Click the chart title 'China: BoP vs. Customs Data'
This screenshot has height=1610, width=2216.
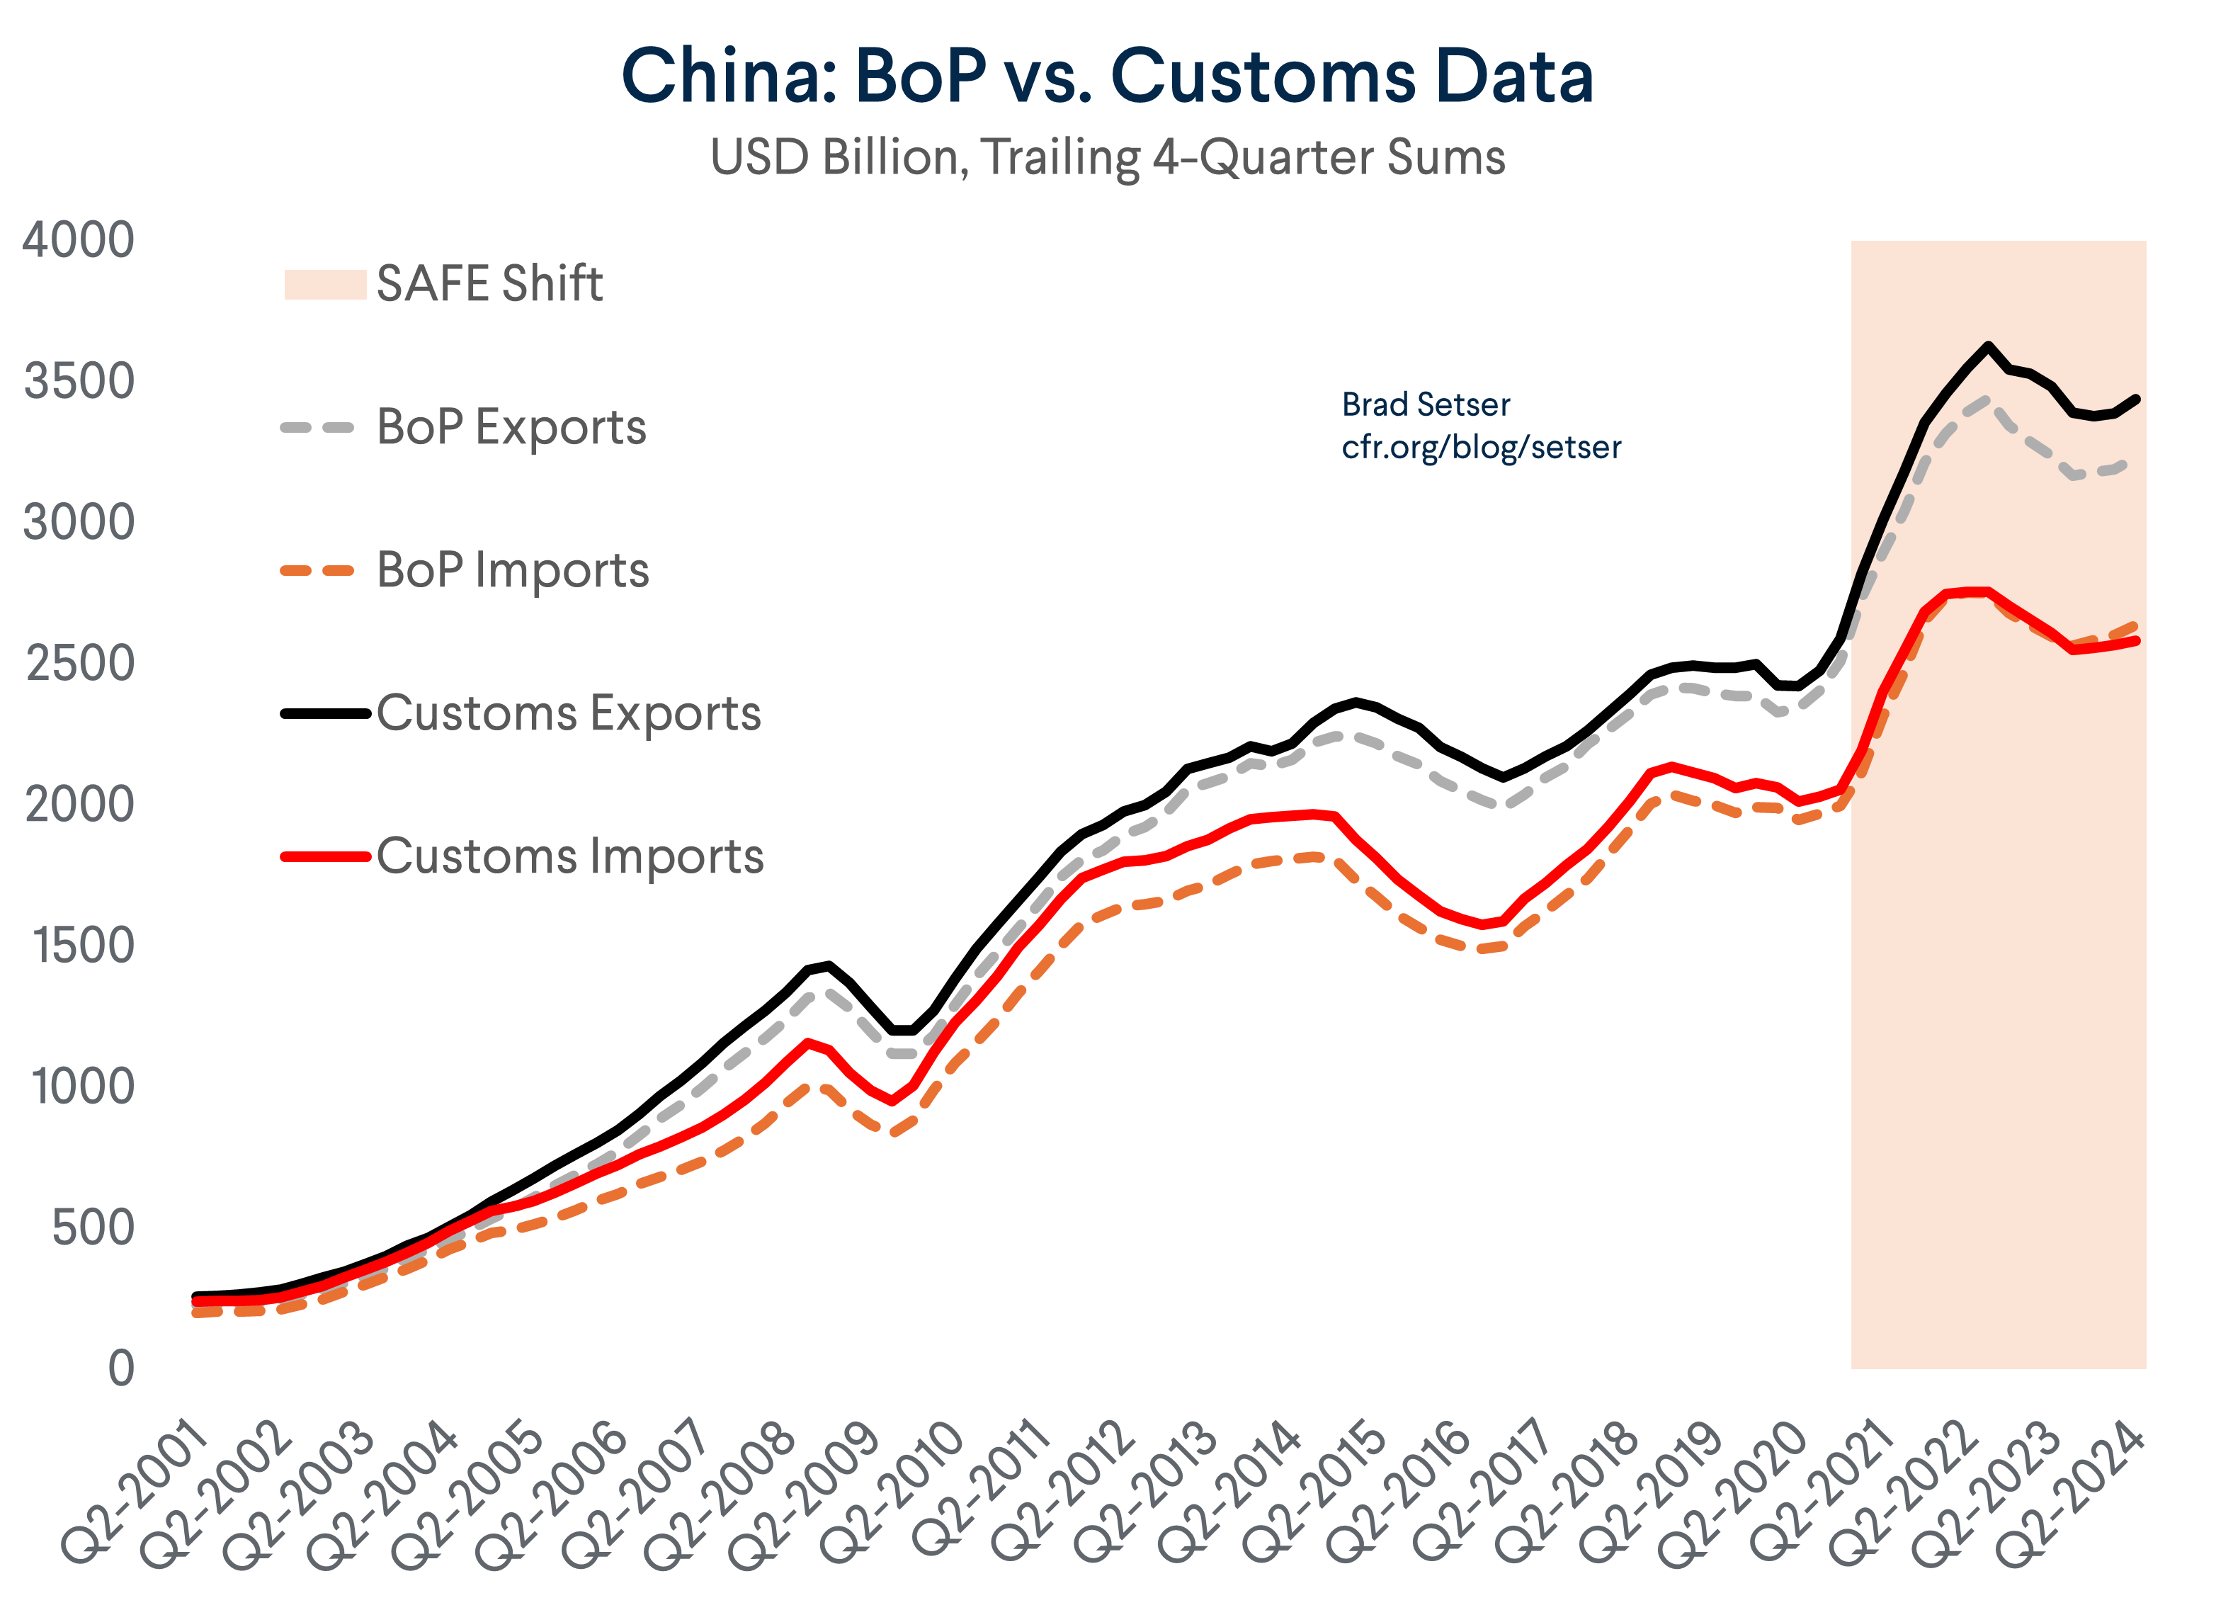1107,76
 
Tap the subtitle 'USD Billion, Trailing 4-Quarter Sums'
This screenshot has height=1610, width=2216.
1107,157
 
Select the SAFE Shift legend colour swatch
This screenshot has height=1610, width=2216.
324,284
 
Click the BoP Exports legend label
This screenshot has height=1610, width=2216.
511,427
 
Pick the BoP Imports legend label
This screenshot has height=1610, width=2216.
512,569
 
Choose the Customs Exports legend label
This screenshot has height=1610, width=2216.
568,713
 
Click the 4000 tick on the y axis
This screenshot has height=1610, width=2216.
78,240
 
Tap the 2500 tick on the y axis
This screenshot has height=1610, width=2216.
79,664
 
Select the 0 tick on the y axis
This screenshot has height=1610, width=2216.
121,1368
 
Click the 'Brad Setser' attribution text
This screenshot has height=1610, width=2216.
1425,404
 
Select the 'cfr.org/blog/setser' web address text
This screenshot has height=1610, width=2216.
1480,448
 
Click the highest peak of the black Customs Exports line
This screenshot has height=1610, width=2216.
1987,345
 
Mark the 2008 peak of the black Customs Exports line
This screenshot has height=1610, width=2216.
829,965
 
